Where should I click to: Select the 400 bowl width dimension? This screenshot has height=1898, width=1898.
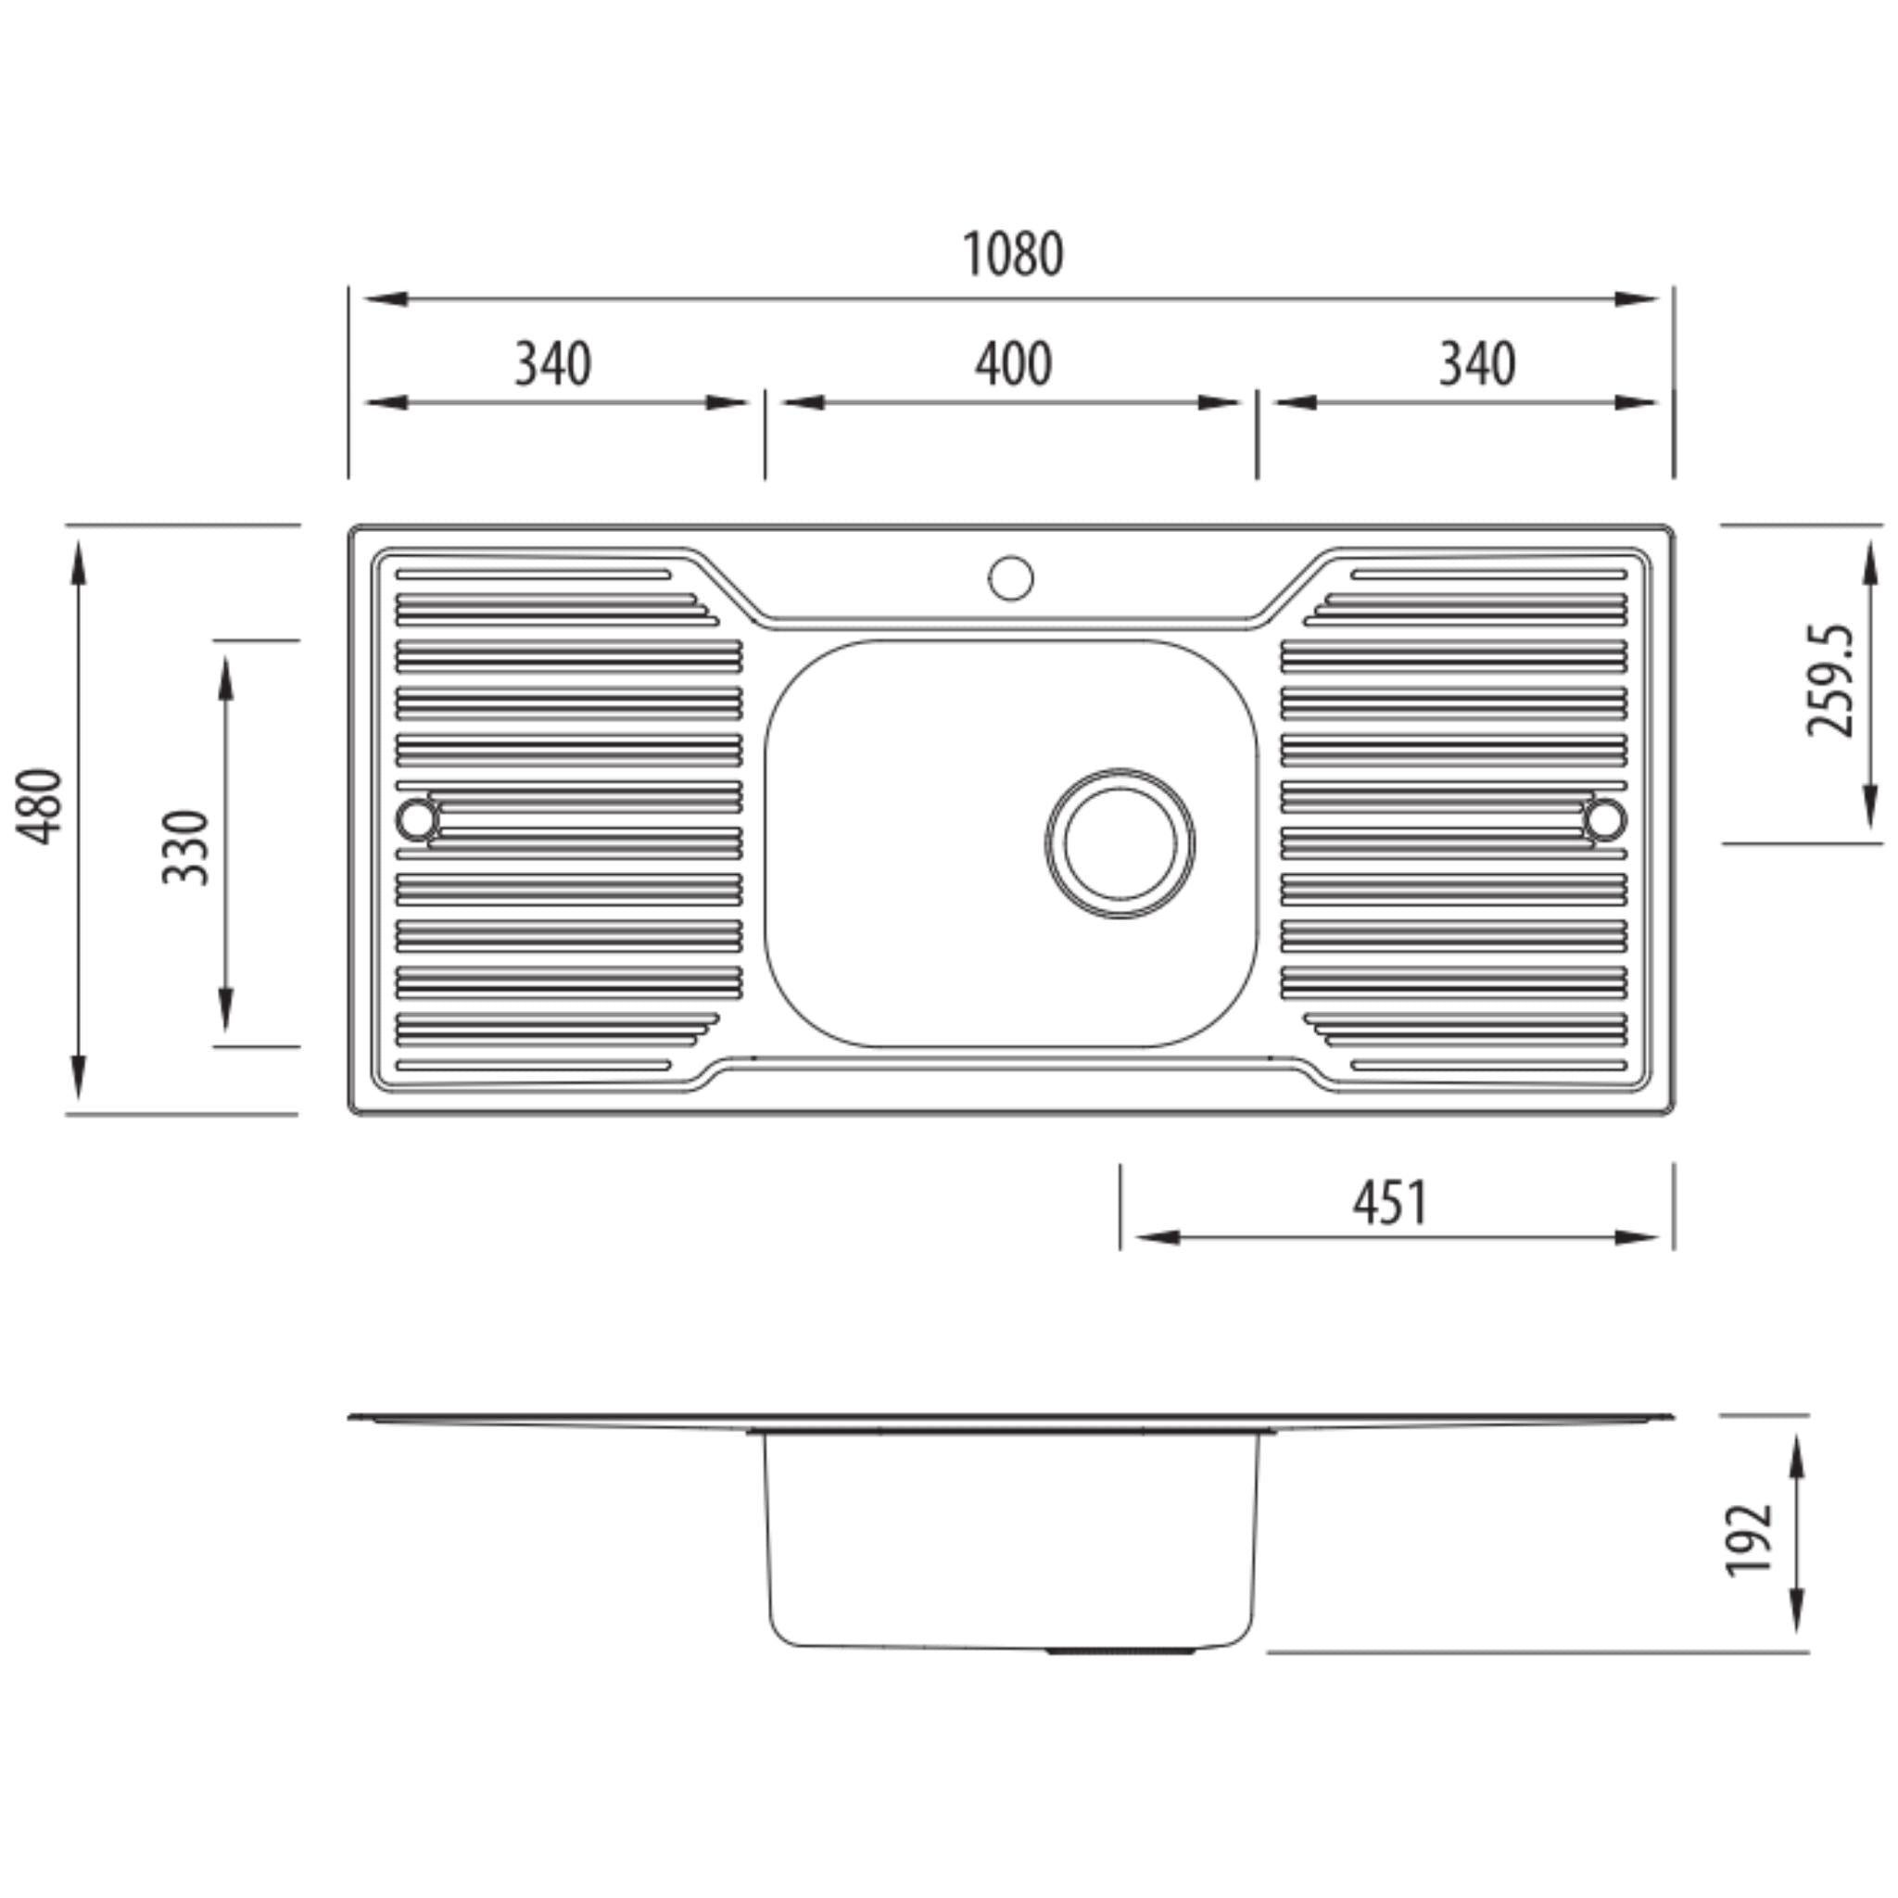click(1012, 363)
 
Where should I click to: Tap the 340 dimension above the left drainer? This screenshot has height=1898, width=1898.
click(552, 363)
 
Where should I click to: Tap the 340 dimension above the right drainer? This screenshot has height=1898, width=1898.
click(1476, 363)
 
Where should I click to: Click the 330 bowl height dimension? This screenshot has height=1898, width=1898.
click(185, 846)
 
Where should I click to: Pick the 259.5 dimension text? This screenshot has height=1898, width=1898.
click(1830, 680)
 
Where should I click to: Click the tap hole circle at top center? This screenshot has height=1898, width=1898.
click(1011, 577)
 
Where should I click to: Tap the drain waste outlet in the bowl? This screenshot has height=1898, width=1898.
click(1120, 844)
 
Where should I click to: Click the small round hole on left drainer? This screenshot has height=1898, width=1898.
click(416, 818)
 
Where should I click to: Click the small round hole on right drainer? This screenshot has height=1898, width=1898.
click(1604, 818)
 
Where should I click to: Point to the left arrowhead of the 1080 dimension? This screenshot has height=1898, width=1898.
click(386, 298)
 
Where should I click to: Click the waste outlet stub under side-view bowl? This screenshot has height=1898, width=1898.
click(1120, 1652)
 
